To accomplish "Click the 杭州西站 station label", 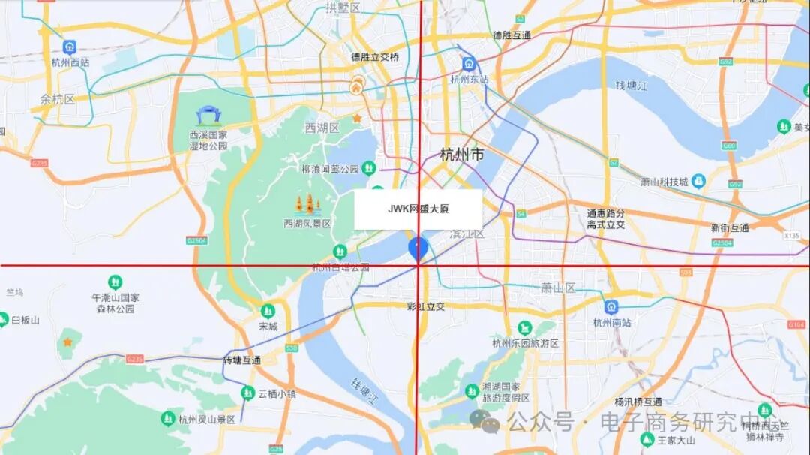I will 70,63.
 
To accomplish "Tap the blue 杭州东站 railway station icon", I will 469,64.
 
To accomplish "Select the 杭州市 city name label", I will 461,155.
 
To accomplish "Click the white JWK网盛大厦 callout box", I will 418,209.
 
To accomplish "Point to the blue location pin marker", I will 418,249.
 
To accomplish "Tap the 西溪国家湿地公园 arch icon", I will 208,116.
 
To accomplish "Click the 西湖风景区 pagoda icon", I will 307,204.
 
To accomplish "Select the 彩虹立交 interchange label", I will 426,306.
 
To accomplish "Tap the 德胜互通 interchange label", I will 511,35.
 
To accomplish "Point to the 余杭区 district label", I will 58,99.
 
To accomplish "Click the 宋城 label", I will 268,327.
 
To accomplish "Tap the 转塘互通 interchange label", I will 241,360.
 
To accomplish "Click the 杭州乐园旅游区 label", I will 525,343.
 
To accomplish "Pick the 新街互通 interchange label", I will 730,227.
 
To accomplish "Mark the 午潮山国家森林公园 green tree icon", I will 115,282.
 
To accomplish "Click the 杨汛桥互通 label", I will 638,402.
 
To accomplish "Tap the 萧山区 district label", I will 558,288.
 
